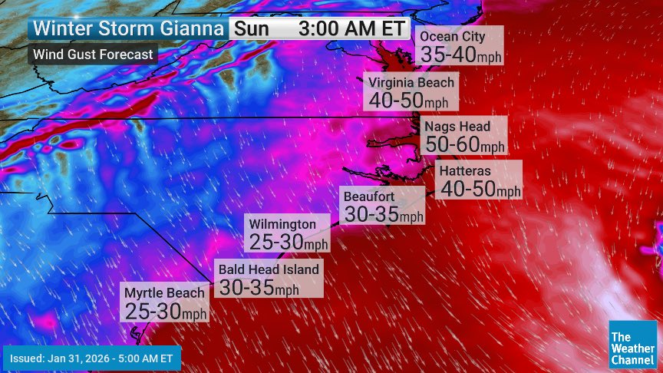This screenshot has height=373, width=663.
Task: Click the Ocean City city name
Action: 452,37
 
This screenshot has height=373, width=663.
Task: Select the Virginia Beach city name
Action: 411,83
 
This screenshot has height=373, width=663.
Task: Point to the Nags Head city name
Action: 457,126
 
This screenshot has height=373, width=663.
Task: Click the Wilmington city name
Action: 282,224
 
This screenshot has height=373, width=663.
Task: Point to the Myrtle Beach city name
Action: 164,292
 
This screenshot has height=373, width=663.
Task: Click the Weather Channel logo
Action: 632,343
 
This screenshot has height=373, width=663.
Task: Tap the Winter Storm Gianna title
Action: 129,29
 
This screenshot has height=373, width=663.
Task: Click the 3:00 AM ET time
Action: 352,29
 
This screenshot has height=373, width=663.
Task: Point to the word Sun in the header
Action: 252,29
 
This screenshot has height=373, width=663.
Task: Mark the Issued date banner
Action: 92,358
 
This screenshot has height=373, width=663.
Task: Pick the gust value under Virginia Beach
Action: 408,100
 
